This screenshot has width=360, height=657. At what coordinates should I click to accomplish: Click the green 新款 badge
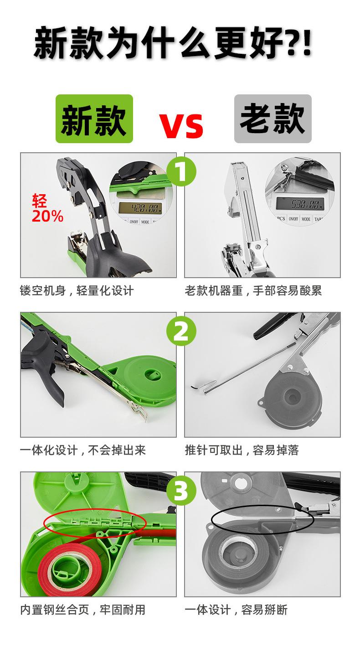(94, 119)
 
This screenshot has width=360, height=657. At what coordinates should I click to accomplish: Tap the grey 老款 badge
(273, 119)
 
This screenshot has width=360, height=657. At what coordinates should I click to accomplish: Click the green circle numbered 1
(181, 171)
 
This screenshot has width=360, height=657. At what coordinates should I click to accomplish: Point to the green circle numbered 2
(181, 331)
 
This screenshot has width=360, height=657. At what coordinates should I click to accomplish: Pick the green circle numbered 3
(181, 491)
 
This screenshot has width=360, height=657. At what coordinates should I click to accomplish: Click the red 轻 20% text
(47, 208)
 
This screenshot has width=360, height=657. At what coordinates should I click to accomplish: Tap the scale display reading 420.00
(140, 208)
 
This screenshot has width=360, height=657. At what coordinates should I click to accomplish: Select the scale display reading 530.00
(300, 203)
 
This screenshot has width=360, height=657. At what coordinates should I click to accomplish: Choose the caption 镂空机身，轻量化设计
(77, 291)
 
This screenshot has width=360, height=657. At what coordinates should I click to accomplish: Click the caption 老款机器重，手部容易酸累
(253, 291)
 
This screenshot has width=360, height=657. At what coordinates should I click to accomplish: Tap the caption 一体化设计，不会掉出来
(82, 450)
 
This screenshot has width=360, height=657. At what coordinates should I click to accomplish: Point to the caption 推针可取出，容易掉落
(242, 450)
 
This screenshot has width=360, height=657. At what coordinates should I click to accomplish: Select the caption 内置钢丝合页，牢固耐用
(82, 610)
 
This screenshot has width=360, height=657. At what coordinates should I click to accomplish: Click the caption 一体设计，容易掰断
(236, 610)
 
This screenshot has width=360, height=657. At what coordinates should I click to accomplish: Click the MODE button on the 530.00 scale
(306, 219)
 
